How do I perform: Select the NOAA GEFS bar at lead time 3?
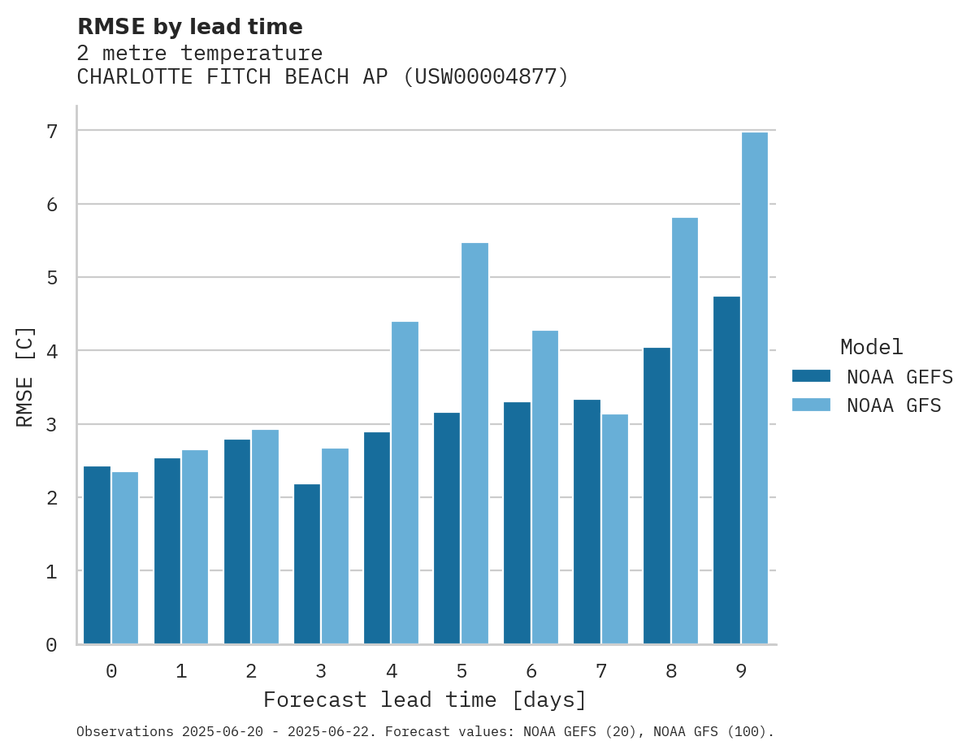pos(307,564)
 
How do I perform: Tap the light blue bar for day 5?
pos(475,443)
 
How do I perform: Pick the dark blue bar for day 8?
pos(657,496)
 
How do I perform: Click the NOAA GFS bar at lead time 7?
pos(615,529)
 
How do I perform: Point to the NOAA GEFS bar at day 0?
pos(98,555)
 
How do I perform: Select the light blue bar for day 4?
pos(405,483)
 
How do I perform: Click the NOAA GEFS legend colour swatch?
pos(811,376)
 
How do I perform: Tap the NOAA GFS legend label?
pos(894,405)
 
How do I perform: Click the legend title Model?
pos(871,347)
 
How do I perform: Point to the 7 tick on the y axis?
pos(51,131)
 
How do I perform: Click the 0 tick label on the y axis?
pos(51,645)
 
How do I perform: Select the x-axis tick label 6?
pos(531,671)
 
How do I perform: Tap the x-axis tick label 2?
pos(252,671)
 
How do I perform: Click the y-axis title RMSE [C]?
pos(26,377)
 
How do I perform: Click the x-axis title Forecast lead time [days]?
pos(425,700)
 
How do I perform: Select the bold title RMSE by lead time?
pos(190,27)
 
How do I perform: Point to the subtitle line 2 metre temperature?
pos(200,53)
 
